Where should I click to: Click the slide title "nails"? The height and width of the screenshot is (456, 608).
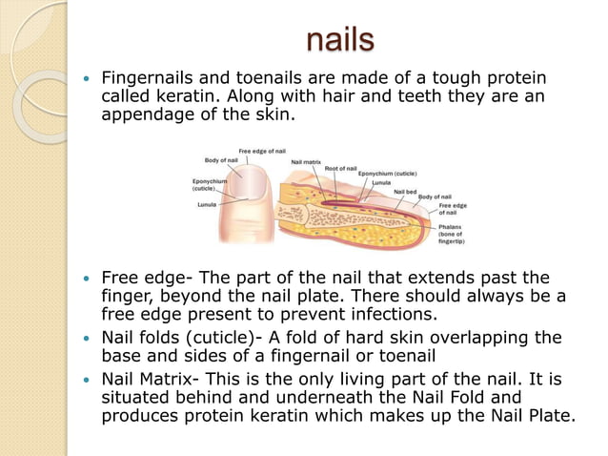click(x=340, y=41)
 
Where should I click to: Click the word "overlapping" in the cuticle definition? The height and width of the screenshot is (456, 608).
click(x=461, y=338)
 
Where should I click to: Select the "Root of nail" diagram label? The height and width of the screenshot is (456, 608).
click(x=340, y=168)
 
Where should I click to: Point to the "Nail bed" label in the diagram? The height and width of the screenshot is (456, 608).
click(x=405, y=191)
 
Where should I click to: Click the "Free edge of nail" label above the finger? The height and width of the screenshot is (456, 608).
click(x=262, y=152)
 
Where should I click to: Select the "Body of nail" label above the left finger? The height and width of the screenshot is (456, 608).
click(x=221, y=160)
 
